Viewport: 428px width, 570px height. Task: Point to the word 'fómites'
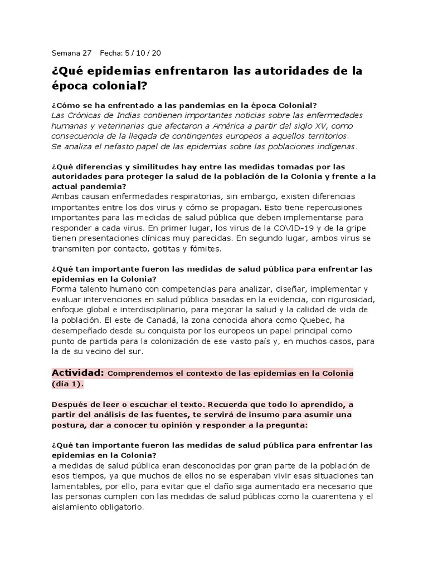click(x=205, y=249)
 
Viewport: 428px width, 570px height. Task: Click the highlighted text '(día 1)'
click(x=68, y=384)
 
